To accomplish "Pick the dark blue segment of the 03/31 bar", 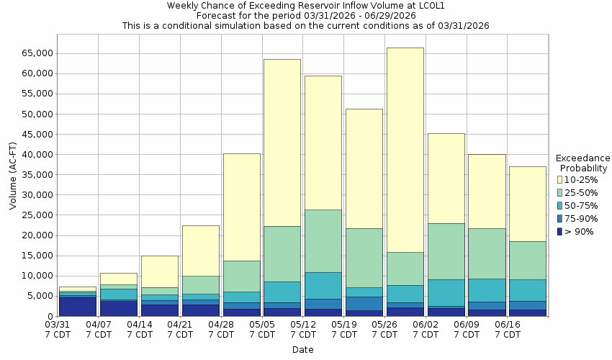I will coord(77,306).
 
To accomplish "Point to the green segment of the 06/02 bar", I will coord(446,251).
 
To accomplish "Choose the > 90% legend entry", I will coord(579,231).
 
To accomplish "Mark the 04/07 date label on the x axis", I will coord(99,330).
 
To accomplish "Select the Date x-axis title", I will coord(302,350).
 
